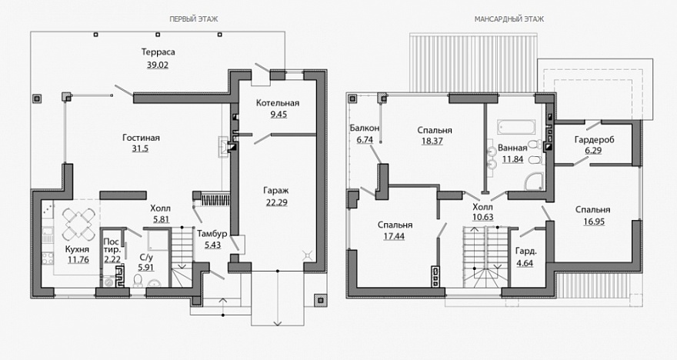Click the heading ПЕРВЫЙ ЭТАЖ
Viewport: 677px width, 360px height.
point(193,19)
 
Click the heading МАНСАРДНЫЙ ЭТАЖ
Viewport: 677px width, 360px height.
point(509,19)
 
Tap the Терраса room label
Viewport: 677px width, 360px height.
point(158,52)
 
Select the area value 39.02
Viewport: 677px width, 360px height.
point(158,65)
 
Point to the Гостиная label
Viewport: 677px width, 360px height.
point(142,138)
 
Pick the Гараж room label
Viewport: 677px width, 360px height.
point(276,190)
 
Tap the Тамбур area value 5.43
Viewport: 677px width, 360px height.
point(212,245)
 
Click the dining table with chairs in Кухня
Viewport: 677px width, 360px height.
point(79,224)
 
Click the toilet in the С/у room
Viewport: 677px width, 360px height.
point(138,281)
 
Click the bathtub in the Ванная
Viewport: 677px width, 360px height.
point(516,127)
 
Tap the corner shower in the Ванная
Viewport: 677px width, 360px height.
point(534,182)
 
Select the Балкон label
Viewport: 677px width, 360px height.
point(365,128)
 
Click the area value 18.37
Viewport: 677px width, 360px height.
point(432,141)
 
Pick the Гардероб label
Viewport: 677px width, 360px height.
point(594,140)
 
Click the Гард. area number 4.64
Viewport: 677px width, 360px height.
point(525,263)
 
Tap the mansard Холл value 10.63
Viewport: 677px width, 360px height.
point(482,217)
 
